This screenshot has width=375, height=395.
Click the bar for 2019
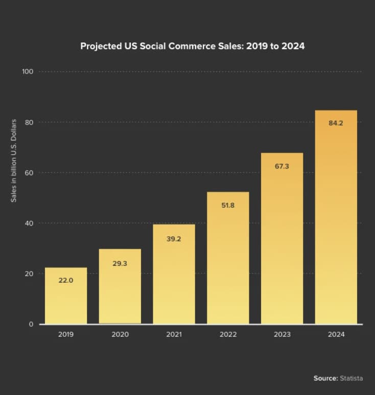(x=66, y=296)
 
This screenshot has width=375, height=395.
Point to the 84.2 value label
(x=336, y=123)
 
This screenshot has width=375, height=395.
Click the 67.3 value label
(x=282, y=166)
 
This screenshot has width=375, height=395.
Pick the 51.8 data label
(x=228, y=205)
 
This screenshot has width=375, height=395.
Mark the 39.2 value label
(x=174, y=238)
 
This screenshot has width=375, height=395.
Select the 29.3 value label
(x=120, y=263)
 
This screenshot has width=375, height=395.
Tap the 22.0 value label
(x=66, y=280)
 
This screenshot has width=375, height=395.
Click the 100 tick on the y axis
(x=28, y=71)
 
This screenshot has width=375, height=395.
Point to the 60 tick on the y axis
(x=29, y=172)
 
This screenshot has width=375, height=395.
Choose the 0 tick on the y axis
(x=31, y=324)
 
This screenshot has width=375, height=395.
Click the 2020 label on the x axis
(x=120, y=335)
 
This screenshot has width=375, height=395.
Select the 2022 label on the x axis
(x=228, y=335)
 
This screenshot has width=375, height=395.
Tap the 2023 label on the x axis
(x=282, y=335)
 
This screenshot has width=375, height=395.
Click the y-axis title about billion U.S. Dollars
(x=14, y=160)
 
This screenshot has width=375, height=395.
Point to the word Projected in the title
(x=101, y=46)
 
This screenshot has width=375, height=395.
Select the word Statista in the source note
(x=351, y=378)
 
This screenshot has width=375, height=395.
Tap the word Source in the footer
(x=325, y=378)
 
